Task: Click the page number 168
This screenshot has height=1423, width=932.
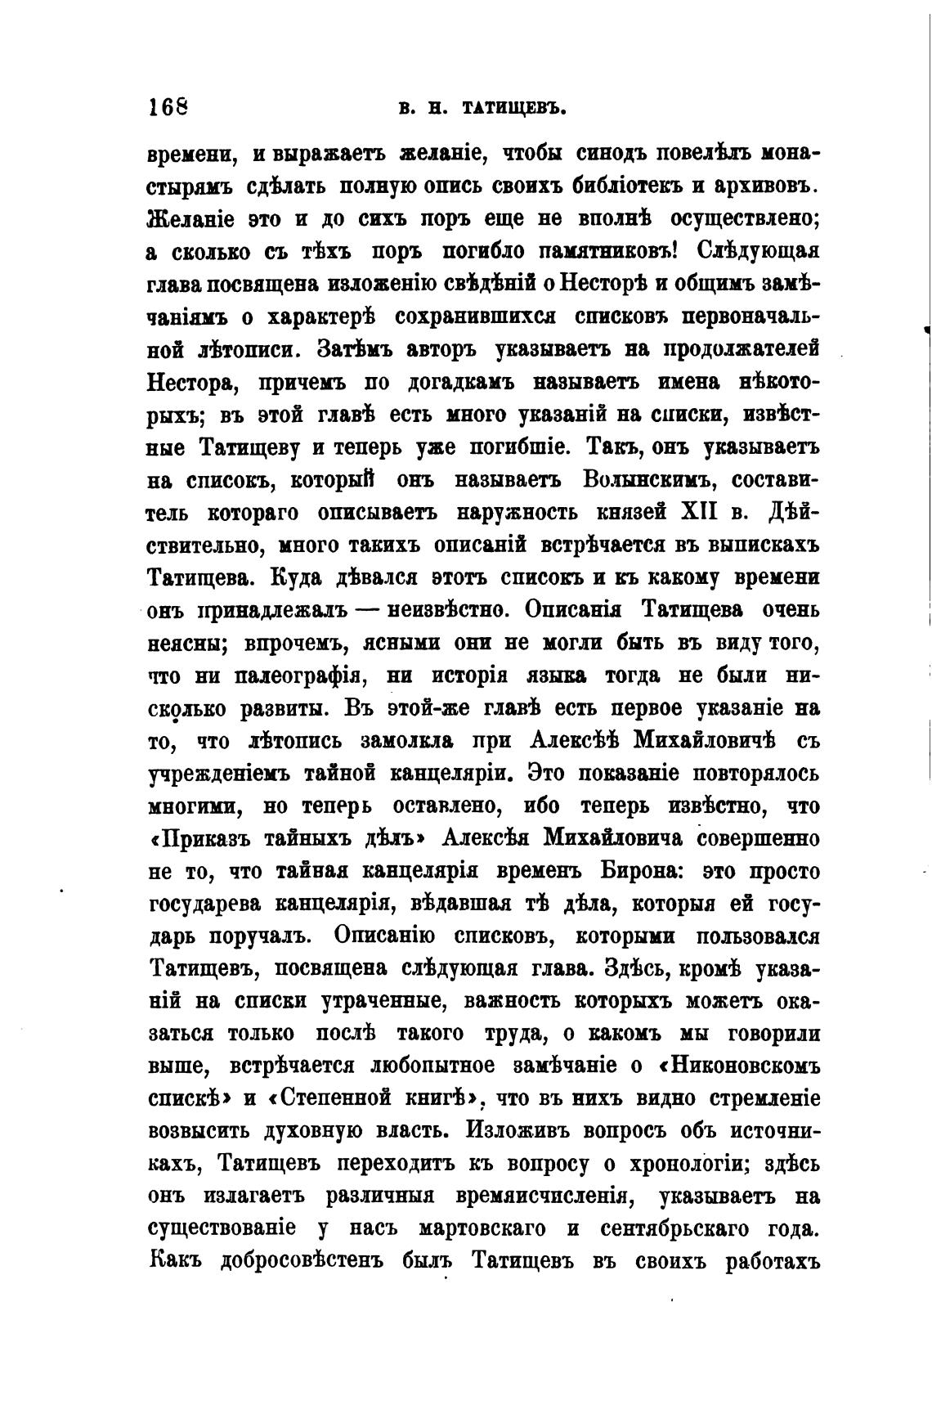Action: pyautogui.click(x=168, y=106)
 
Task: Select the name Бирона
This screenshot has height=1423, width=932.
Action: pyautogui.click(x=638, y=873)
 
